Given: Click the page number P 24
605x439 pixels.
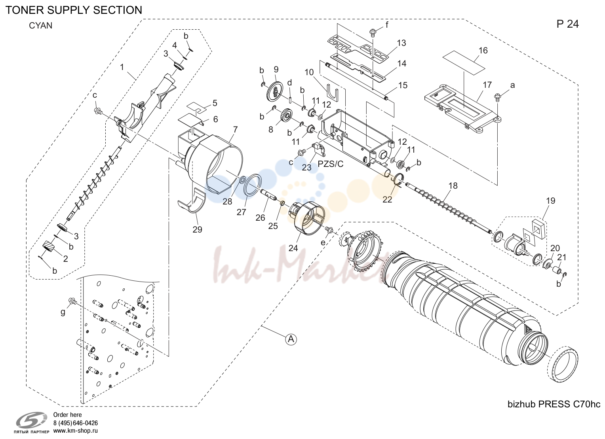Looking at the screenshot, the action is coord(567,24).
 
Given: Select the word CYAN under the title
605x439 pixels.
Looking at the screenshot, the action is coord(40,26).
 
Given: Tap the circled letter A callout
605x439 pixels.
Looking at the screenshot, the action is coord(291,339).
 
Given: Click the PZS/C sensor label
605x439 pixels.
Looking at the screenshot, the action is coord(330,164).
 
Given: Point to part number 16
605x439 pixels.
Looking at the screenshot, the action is coord(483,51).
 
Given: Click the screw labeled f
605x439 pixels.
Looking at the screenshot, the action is coord(373,33).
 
